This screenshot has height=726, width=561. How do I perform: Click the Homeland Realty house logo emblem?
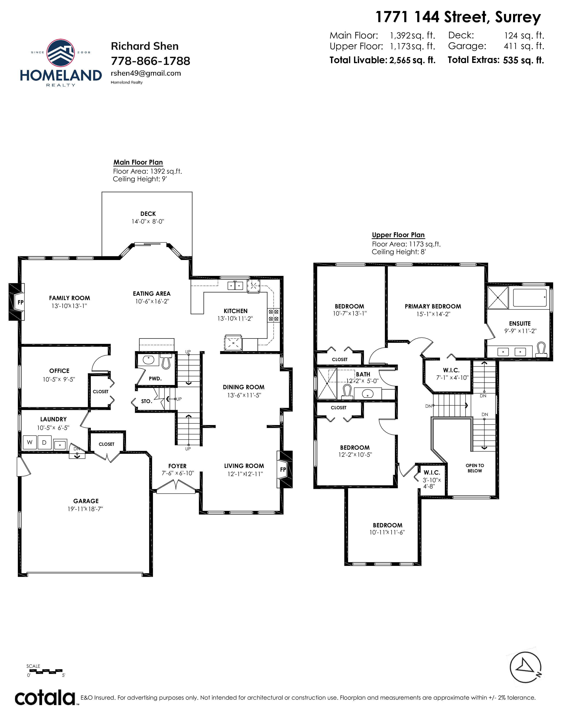pyautogui.click(x=60, y=53)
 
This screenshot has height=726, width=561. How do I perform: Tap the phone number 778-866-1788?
pyautogui.click(x=150, y=61)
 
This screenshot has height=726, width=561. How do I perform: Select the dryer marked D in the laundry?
pyautogui.click(x=44, y=442)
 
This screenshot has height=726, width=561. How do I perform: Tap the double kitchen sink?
pyautogui.click(x=235, y=285)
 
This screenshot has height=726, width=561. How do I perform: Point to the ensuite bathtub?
pyautogui.click(x=530, y=297)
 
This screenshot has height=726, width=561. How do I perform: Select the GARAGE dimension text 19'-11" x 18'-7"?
pyautogui.click(x=85, y=509)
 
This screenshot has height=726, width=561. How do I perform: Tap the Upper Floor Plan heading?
pyautogui.click(x=398, y=235)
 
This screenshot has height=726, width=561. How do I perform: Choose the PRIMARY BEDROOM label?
pyautogui.click(x=433, y=306)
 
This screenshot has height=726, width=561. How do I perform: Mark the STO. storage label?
pyautogui.click(x=147, y=401)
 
